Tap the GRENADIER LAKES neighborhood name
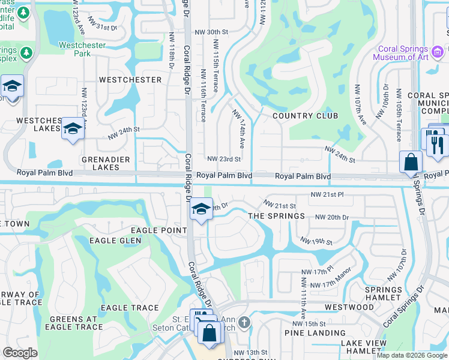[x=93, y=163]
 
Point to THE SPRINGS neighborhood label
[x=277, y=216]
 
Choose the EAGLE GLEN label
[x=115, y=241]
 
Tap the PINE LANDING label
[x=315, y=333]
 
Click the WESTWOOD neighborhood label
[x=349, y=307]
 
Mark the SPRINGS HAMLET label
[x=383, y=293]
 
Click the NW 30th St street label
[x=209, y=32]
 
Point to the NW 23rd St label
[x=224, y=159]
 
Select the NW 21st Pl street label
[x=327, y=195]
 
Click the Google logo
[x=20, y=353]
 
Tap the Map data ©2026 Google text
[x=412, y=355]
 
